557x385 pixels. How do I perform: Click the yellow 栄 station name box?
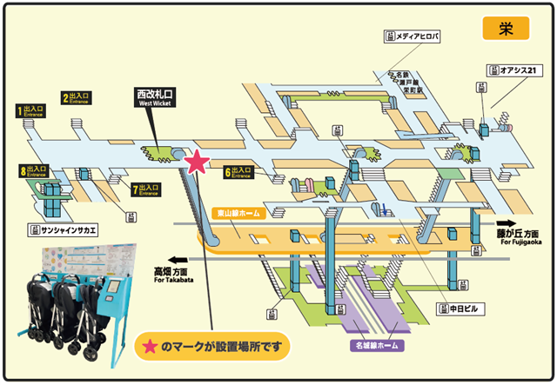pos(505,27)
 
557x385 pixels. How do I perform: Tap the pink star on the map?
pos(199,162)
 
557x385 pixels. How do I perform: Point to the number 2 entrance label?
pos(77,98)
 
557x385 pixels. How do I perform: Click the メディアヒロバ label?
pos(413,36)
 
